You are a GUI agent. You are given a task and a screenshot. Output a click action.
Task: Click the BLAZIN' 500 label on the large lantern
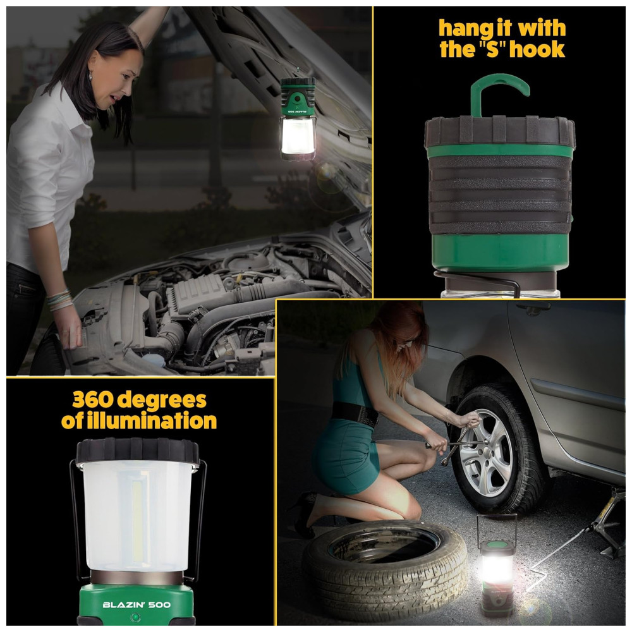(137, 605)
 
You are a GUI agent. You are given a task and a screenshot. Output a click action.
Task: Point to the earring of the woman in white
(90, 75)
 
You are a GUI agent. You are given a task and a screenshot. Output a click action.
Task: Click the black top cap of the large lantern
(137, 450)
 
